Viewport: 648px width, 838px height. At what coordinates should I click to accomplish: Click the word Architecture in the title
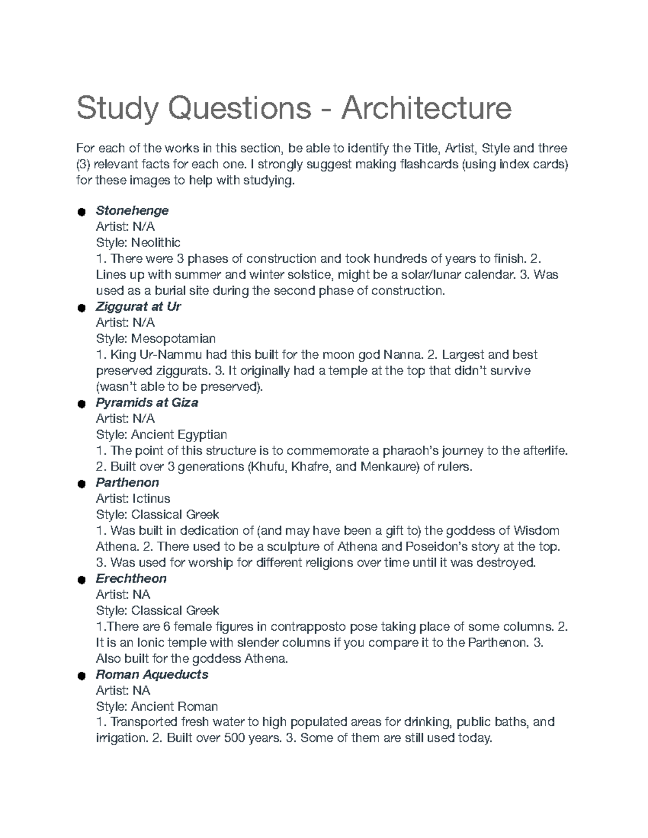point(425,108)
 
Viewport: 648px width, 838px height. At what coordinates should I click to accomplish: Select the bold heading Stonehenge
point(132,210)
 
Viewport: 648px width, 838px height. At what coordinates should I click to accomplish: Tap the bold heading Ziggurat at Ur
point(138,306)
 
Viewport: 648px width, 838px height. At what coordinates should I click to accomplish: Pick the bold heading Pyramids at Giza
point(146,403)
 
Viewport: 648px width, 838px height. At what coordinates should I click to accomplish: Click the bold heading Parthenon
point(127,482)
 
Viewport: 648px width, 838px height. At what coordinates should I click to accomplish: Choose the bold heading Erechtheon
point(131,578)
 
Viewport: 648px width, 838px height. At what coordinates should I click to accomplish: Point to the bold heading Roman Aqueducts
point(152,675)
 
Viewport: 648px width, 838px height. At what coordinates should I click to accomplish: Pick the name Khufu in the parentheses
point(267,466)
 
